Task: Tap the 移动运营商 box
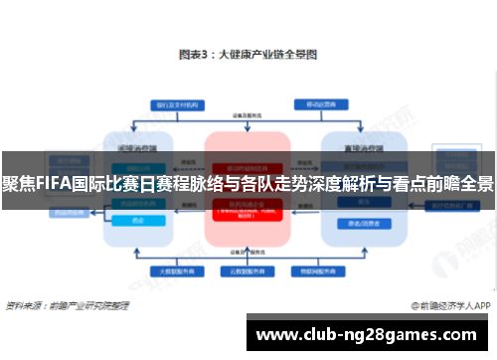[321, 103]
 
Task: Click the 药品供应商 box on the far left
[70, 210]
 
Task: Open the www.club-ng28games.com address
[369, 333]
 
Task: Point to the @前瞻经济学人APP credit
[448, 304]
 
